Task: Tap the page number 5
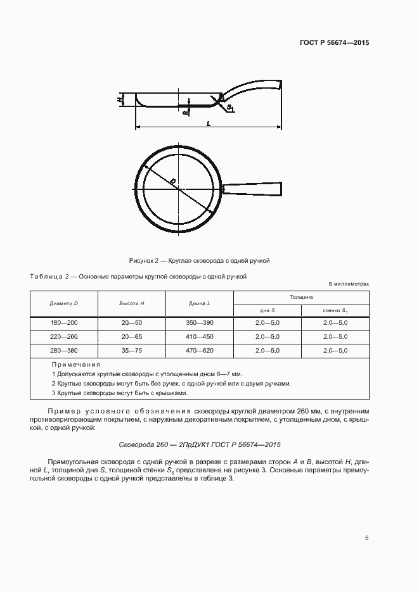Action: tap(367, 538)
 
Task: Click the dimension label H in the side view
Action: tap(120, 99)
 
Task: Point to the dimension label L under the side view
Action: tap(209, 123)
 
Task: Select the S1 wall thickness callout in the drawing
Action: tap(230, 109)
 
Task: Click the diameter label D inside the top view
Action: tap(172, 181)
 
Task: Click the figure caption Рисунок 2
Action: tap(200, 260)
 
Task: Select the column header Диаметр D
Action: tap(63, 303)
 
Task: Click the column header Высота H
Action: tap(132, 303)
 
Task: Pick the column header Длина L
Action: tap(200, 303)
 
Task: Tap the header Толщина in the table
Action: tap(301, 296)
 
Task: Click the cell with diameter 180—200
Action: tap(63, 322)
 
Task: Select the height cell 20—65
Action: tap(132, 336)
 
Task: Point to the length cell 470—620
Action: tap(200, 350)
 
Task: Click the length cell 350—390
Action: tap(200, 322)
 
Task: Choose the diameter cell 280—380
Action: tap(63, 350)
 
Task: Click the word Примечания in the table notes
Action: tap(76, 365)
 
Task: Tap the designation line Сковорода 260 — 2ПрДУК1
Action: tap(200, 444)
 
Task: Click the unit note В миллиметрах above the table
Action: tap(348, 284)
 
